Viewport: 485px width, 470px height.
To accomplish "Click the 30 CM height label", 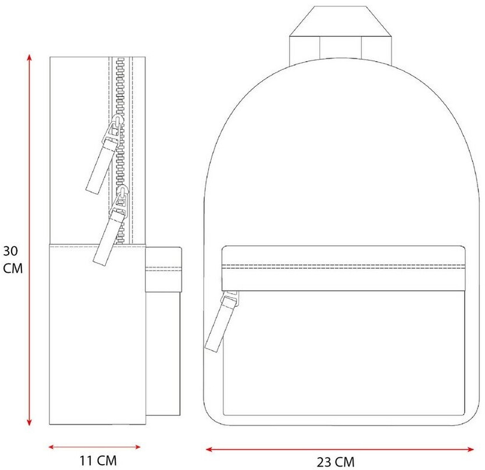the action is (13, 259).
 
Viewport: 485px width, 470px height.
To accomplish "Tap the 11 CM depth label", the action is (98, 461).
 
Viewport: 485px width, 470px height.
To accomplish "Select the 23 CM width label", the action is (336, 462).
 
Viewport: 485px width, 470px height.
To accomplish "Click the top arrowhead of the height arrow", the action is (30, 58).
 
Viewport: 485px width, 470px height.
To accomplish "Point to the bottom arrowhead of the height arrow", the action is (30, 421).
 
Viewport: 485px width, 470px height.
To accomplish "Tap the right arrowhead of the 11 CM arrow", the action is (137, 447).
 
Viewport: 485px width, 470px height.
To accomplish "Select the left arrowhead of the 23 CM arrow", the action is (210, 449).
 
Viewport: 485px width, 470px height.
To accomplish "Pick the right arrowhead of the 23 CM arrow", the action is (469, 449).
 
